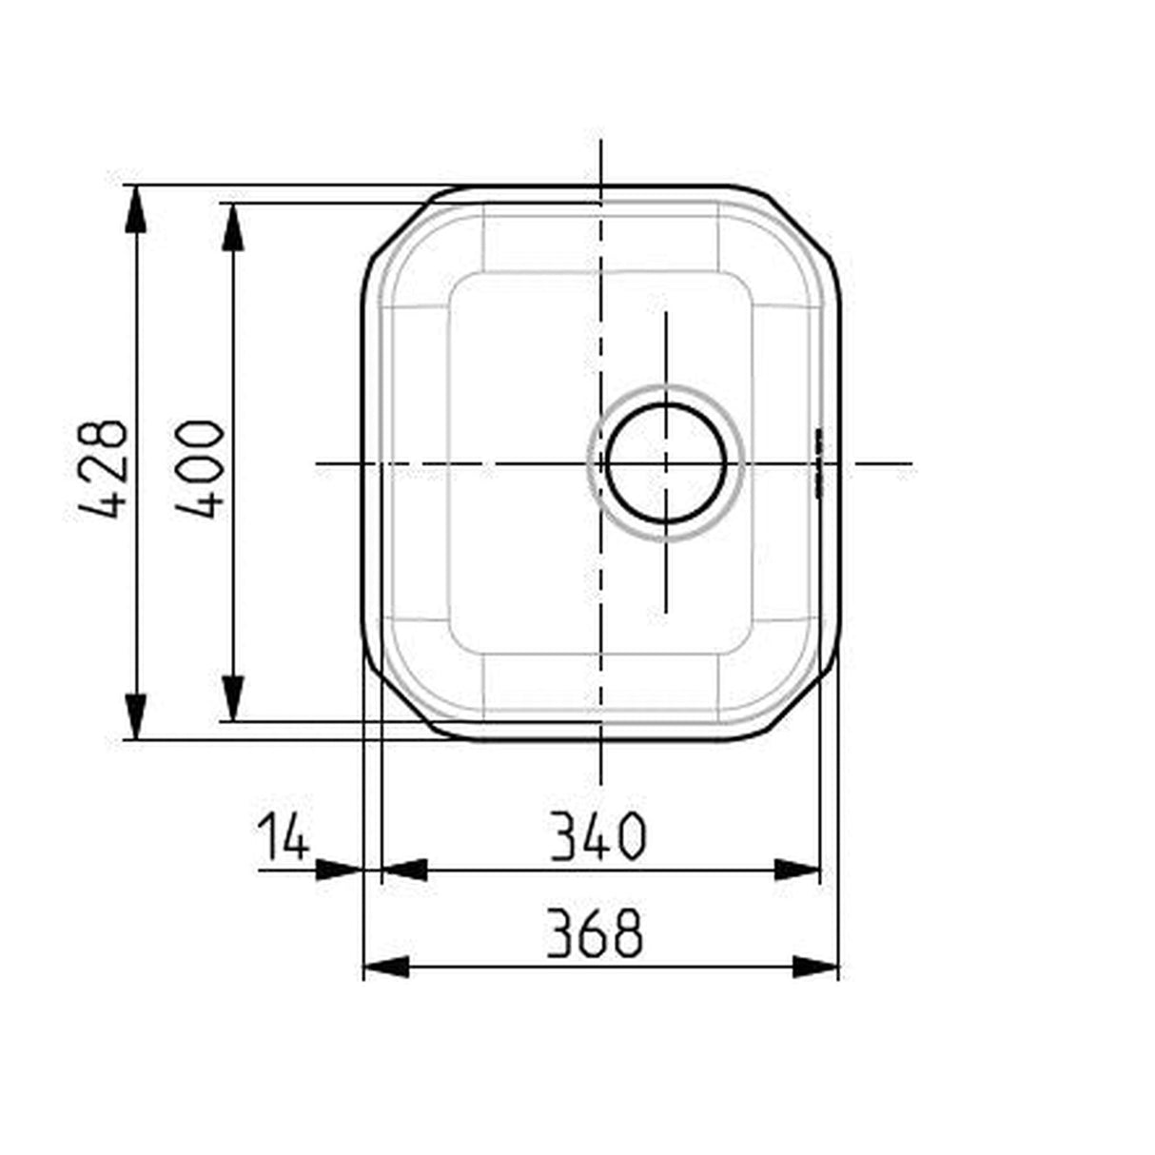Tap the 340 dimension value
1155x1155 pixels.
[x=597, y=836]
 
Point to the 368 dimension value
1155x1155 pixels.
[x=596, y=933]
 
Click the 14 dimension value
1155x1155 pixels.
[x=283, y=836]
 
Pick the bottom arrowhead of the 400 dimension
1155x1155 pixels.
[x=232, y=698]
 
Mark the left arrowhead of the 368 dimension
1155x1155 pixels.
[x=386, y=968]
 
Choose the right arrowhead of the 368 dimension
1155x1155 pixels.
[x=816, y=968]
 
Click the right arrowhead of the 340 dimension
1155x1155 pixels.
[x=797, y=870]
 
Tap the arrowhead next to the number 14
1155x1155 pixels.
[x=339, y=870]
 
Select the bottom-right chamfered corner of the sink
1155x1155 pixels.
[x=805, y=698]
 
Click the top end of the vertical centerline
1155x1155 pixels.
[x=600, y=143]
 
